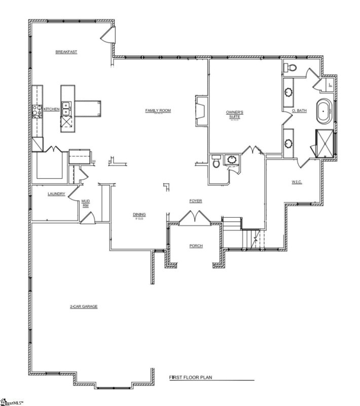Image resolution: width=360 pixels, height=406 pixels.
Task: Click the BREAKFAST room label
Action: tap(66, 52)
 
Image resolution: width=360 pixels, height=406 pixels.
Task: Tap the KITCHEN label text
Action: tap(52, 109)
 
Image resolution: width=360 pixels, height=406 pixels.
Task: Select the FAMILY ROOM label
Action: tap(158, 110)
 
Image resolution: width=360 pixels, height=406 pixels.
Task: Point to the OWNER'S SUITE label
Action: tap(235, 114)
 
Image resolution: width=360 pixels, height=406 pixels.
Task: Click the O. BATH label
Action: tap(299, 111)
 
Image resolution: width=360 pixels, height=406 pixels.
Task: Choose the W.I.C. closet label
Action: tap(297, 182)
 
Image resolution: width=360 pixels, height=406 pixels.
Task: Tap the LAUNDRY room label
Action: tap(56, 194)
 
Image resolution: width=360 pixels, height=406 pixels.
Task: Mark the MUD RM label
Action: tap(86, 204)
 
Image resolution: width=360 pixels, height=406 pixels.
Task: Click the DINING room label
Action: tap(139, 215)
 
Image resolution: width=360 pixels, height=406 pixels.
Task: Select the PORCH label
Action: tap(196, 246)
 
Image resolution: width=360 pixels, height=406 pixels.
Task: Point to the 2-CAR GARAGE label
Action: tap(84, 307)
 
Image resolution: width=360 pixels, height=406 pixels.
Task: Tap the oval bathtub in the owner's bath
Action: tap(323, 112)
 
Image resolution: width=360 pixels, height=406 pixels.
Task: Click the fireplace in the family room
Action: tap(200, 110)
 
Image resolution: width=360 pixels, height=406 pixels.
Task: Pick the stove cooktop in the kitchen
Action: tap(37, 111)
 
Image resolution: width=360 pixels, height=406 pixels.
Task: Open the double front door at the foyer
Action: tap(194, 218)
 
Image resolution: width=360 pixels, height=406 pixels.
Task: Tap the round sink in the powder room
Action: tap(233, 161)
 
